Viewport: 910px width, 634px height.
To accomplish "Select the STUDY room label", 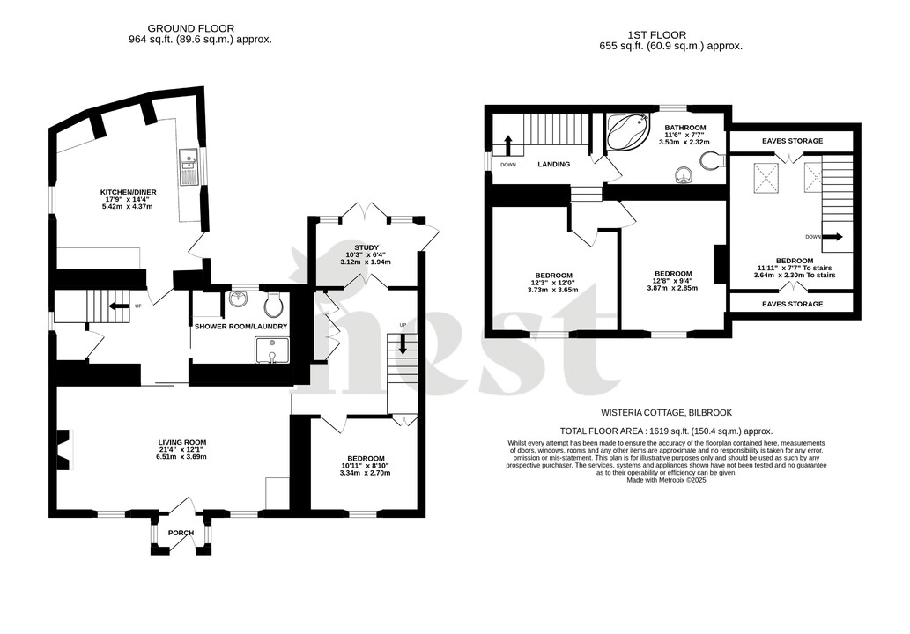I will [x=366, y=247].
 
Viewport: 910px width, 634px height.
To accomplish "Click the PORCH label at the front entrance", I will [x=181, y=533].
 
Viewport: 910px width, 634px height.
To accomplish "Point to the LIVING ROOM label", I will [x=182, y=442].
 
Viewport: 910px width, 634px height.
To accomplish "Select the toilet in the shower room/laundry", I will [x=273, y=305].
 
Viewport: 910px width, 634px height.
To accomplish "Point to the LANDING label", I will [x=554, y=165].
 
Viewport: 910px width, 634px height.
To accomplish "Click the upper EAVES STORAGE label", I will [x=790, y=141].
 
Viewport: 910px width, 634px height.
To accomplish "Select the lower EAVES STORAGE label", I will [x=790, y=304].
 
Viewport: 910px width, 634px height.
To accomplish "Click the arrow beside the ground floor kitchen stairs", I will [x=115, y=306].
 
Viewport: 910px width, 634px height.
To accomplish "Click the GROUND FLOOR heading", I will [x=191, y=28].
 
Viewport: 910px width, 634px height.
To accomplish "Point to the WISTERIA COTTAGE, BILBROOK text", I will [x=666, y=412].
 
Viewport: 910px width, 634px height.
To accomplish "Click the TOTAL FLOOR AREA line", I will [x=666, y=431].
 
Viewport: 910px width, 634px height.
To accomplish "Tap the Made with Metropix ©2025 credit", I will [x=666, y=480].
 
